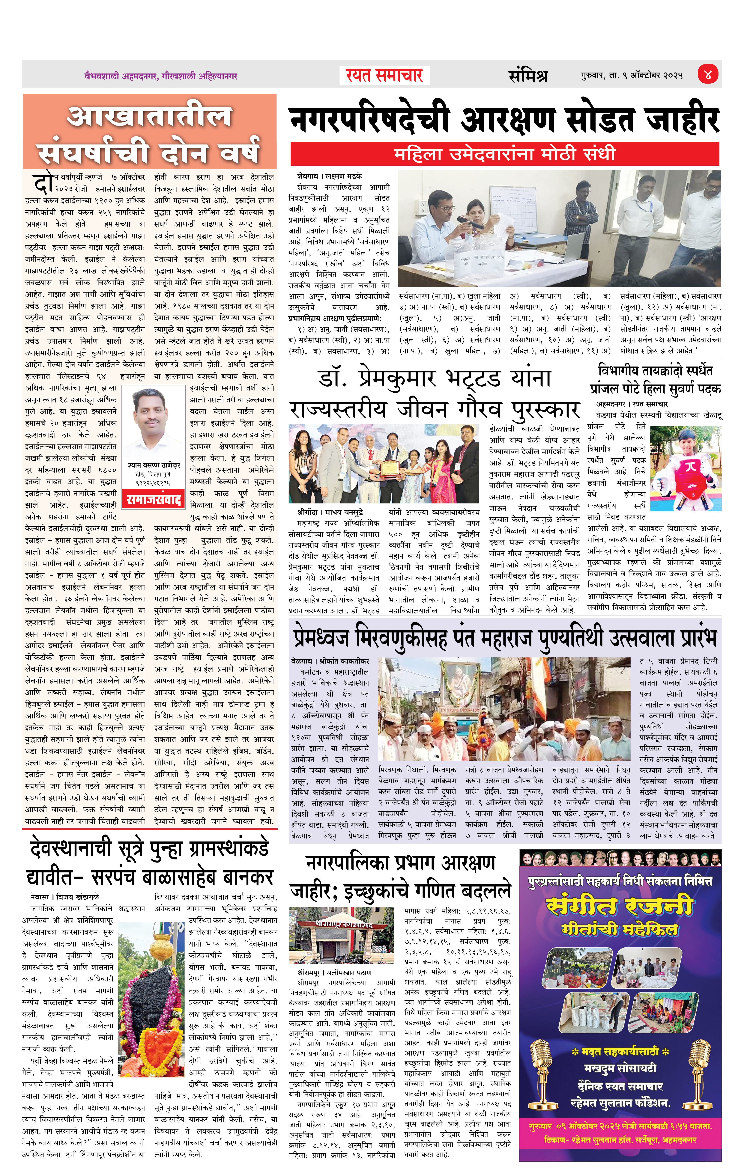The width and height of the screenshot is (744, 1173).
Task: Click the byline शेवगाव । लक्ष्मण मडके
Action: click(x=329, y=176)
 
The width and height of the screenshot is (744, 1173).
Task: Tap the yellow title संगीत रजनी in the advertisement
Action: click(x=620, y=906)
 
